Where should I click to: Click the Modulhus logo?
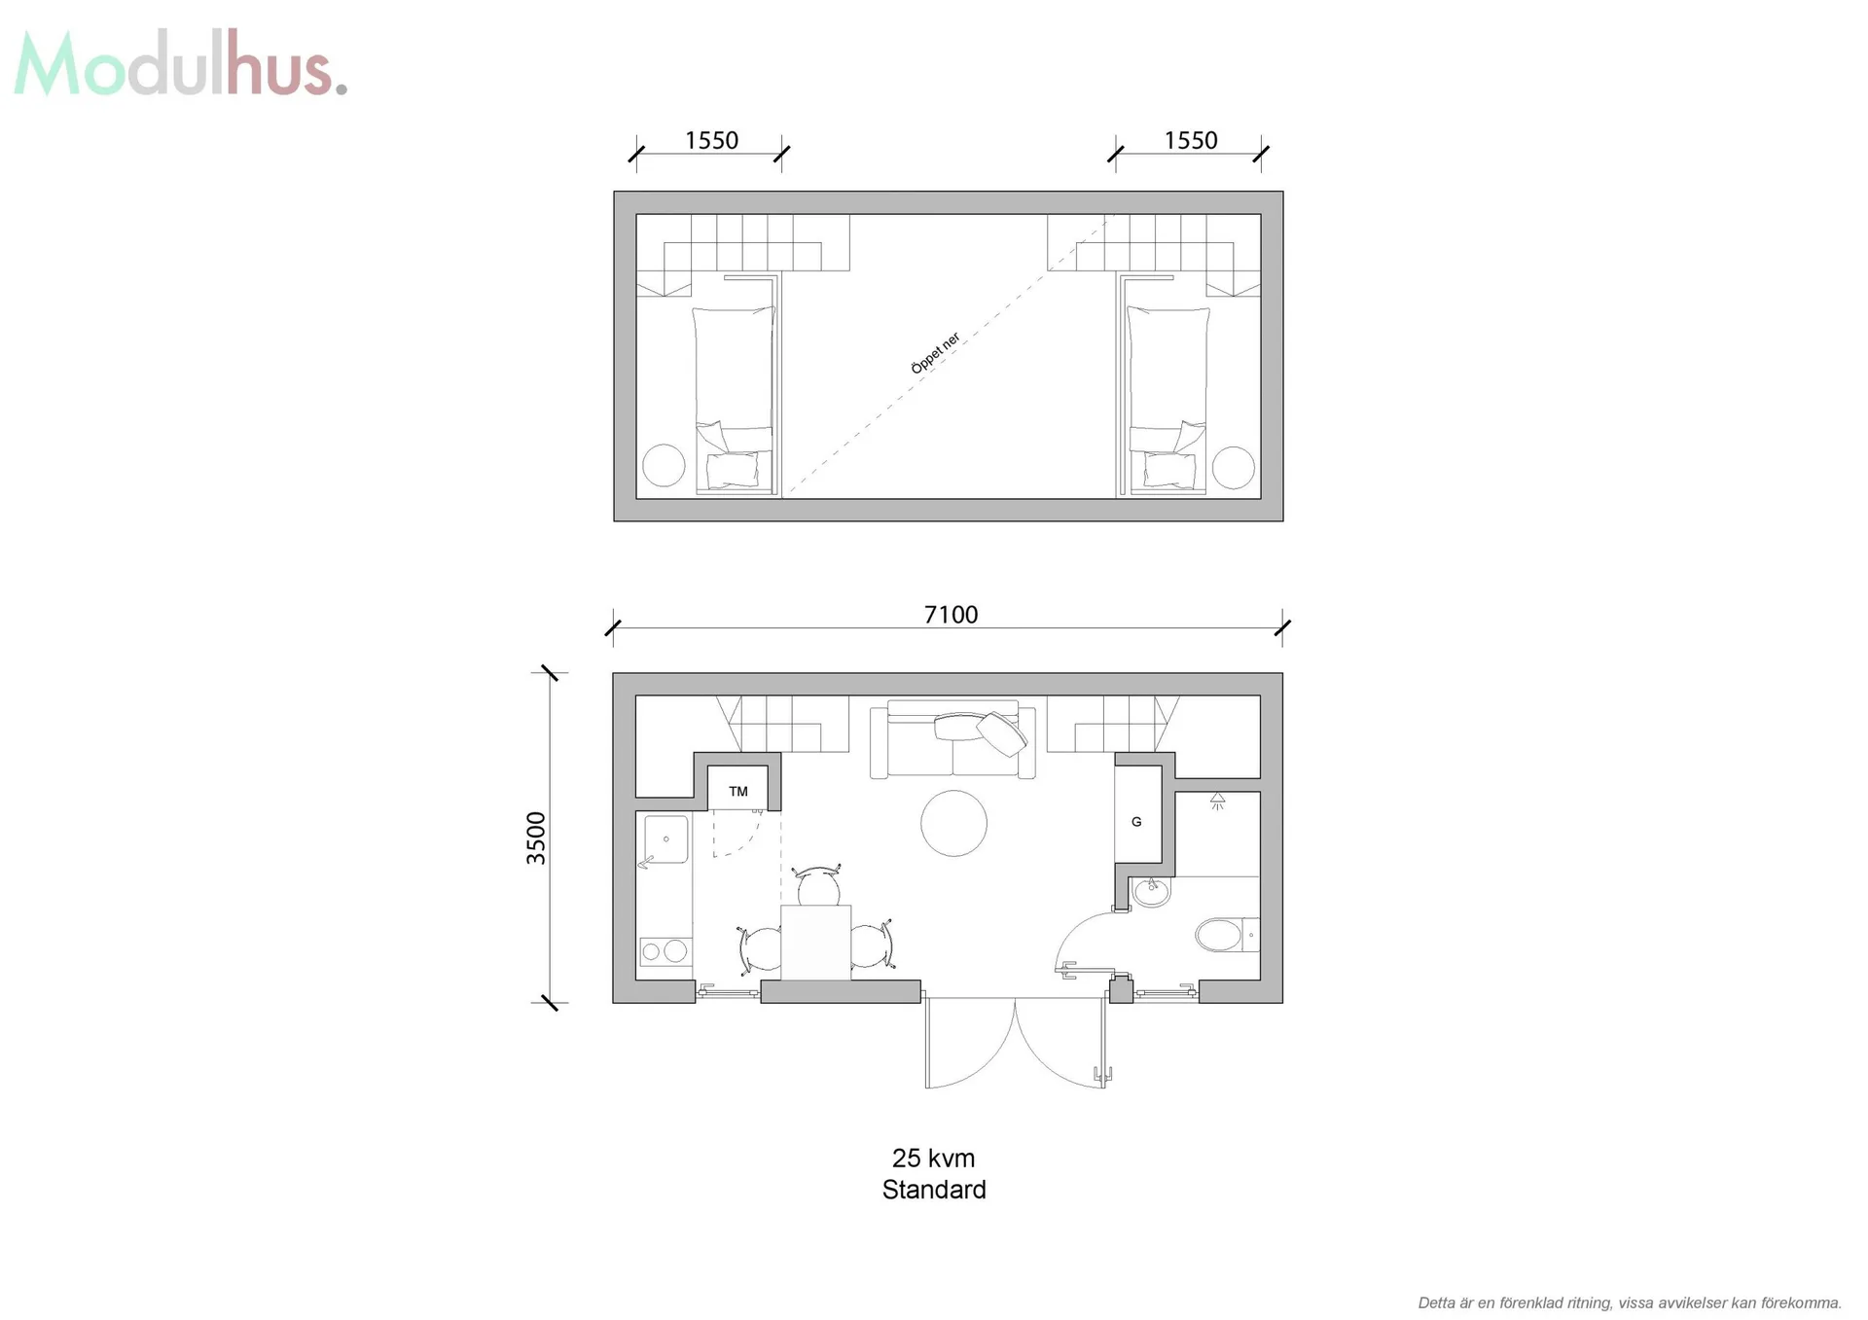[x=181, y=64]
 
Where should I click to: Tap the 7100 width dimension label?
[x=951, y=615]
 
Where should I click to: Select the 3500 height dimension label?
[x=536, y=838]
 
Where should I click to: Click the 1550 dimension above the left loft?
[x=711, y=140]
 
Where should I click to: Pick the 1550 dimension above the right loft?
[x=1191, y=140]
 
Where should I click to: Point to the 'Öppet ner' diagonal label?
[x=936, y=352]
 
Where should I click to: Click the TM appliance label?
[x=738, y=792]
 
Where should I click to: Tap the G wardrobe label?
[x=1136, y=822]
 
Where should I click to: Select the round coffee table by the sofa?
[x=953, y=823]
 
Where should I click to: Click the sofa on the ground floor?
[x=952, y=739]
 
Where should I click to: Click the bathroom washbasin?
[x=1152, y=891]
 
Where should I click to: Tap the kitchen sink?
[x=665, y=840]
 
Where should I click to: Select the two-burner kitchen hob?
[x=665, y=951]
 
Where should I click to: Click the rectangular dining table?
[x=815, y=943]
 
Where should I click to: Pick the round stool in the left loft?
[x=664, y=465]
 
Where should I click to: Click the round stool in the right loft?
[x=1233, y=467]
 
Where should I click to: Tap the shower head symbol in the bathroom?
[x=1217, y=802]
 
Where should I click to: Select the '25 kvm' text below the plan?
[x=933, y=1158]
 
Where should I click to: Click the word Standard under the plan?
[x=934, y=1190]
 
